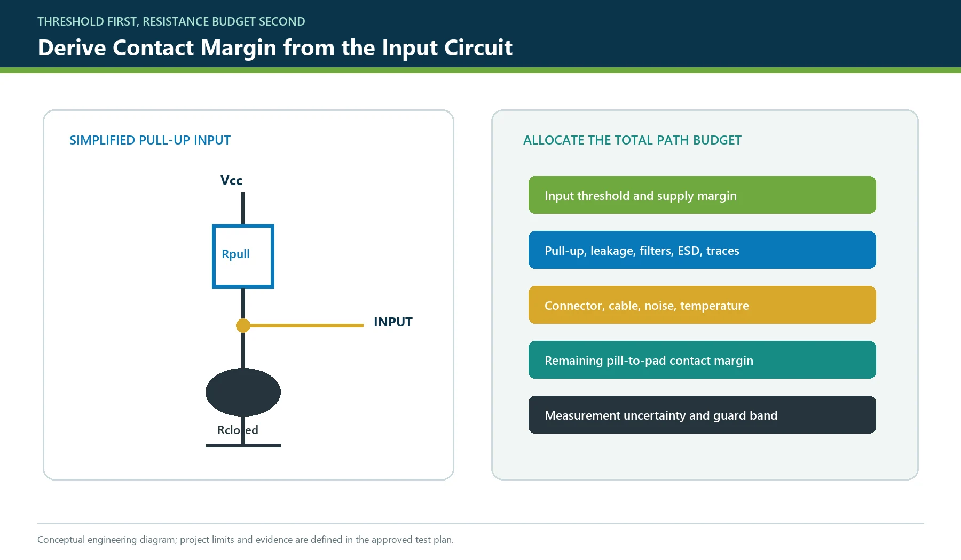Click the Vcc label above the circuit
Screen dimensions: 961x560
[x=231, y=181]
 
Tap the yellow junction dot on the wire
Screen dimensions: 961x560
[x=243, y=325]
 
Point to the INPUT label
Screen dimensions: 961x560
[x=393, y=322]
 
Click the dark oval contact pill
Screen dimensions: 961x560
[x=243, y=392]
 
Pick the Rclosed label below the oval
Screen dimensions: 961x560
[x=238, y=430]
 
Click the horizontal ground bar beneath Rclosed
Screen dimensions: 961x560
[x=243, y=445]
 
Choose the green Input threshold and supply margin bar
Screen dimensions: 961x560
[x=702, y=195]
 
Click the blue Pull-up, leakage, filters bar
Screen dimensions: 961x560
[x=702, y=250]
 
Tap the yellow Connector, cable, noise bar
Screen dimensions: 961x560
[x=702, y=305]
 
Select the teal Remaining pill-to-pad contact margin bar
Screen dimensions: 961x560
[x=702, y=360]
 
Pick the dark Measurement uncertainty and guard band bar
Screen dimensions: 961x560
[x=702, y=415]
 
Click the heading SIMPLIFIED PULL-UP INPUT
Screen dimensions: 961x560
[x=150, y=140]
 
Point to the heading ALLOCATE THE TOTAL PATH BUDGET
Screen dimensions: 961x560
[x=632, y=140]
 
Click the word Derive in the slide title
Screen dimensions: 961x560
[x=72, y=48]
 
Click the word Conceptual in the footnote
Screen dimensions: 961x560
[x=61, y=540]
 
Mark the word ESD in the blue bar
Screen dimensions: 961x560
[x=689, y=251]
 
